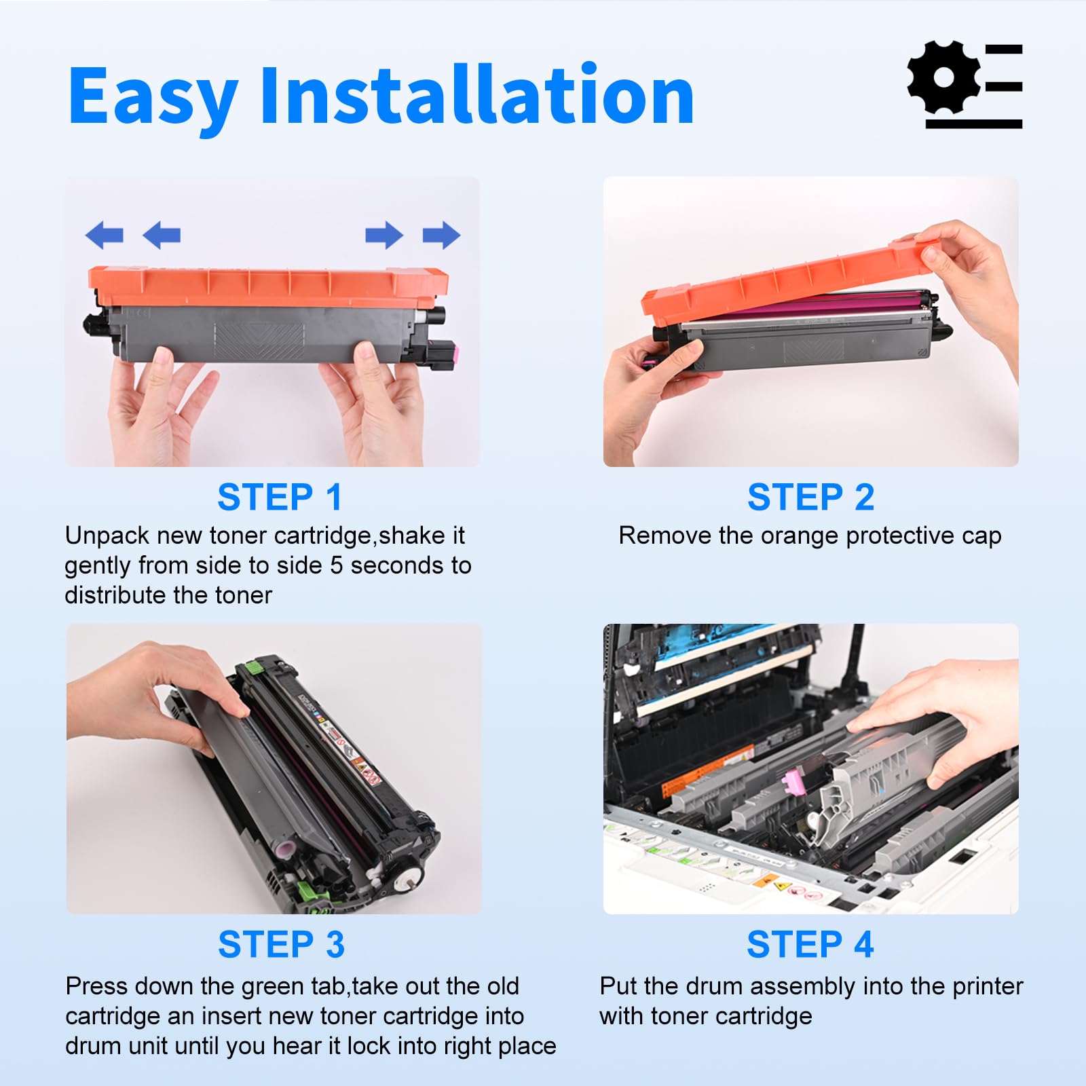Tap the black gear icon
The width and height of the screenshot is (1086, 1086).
click(x=943, y=77)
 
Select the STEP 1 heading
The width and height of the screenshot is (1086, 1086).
click(x=280, y=498)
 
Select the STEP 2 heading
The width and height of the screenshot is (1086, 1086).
click(x=810, y=498)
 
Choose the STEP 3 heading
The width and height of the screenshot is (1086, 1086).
click(x=281, y=944)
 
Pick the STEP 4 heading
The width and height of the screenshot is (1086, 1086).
click(x=810, y=944)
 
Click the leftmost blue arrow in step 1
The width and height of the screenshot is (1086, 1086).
click(x=104, y=235)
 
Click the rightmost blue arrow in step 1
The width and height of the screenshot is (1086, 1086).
click(x=442, y=235)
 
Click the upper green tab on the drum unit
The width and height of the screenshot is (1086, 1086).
click(x=253, y=669)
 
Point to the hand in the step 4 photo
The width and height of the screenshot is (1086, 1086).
click(x=950, y=719)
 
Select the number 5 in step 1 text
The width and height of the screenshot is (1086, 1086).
click(x=336, y=565)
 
